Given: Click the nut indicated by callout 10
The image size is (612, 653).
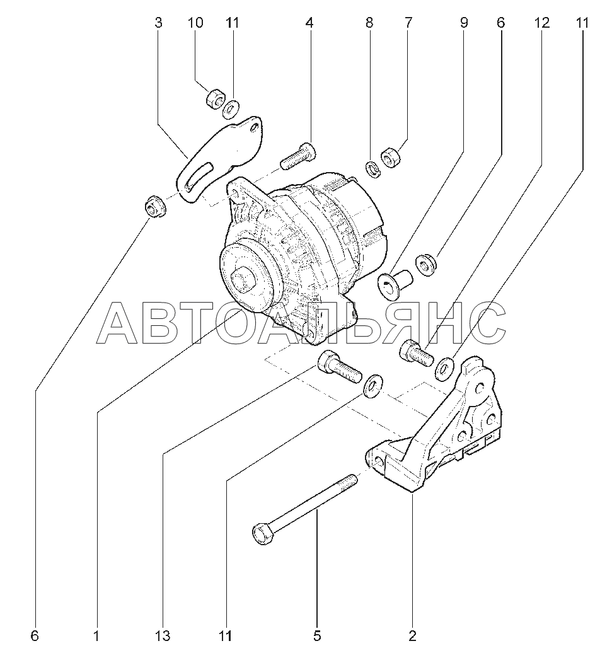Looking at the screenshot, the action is [x=216, y=99].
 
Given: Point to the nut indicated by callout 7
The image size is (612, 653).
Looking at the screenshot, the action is [x=391, y=157].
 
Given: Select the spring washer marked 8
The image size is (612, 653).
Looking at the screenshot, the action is [x=373, y=169].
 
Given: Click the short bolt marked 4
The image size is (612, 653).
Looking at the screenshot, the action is [x=298, y=156].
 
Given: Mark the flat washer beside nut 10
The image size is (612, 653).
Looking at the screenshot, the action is [x=231, y=108].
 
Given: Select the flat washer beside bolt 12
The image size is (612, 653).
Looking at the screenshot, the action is [x=445, y=368].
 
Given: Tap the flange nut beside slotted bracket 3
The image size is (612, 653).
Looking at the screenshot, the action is [x=155, y=206].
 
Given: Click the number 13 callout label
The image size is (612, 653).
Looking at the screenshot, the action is [x=163, y=636].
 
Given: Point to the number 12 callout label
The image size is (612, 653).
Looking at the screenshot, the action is [x=541, y=23].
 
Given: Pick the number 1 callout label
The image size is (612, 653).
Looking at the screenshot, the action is [x=96, y=636].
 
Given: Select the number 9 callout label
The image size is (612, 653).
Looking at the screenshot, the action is [x=464, y=23].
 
